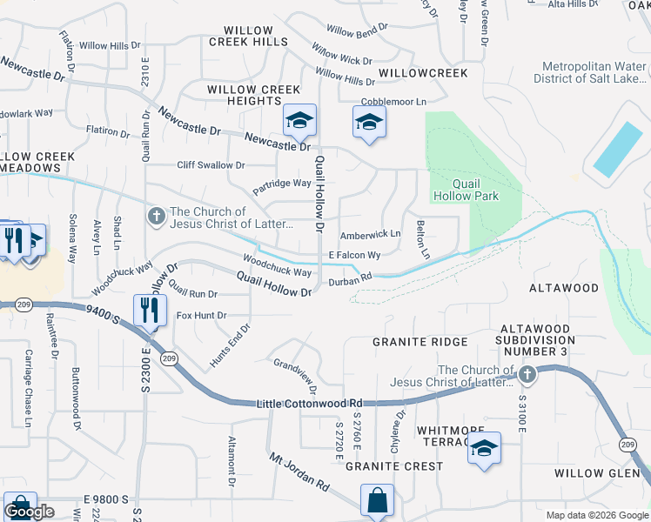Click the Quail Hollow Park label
[475, 190]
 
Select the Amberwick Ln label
[370, 234]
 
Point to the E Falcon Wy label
[354, 255]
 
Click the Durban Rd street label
[350, 278]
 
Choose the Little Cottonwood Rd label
[309, 404]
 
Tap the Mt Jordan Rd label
[299, 472]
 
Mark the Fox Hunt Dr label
[201, 315]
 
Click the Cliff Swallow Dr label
[211, 164]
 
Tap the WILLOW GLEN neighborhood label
[600, 473]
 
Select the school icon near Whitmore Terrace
[485, 449]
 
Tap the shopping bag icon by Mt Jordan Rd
[377, 501]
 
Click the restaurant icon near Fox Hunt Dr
[150, 310]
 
